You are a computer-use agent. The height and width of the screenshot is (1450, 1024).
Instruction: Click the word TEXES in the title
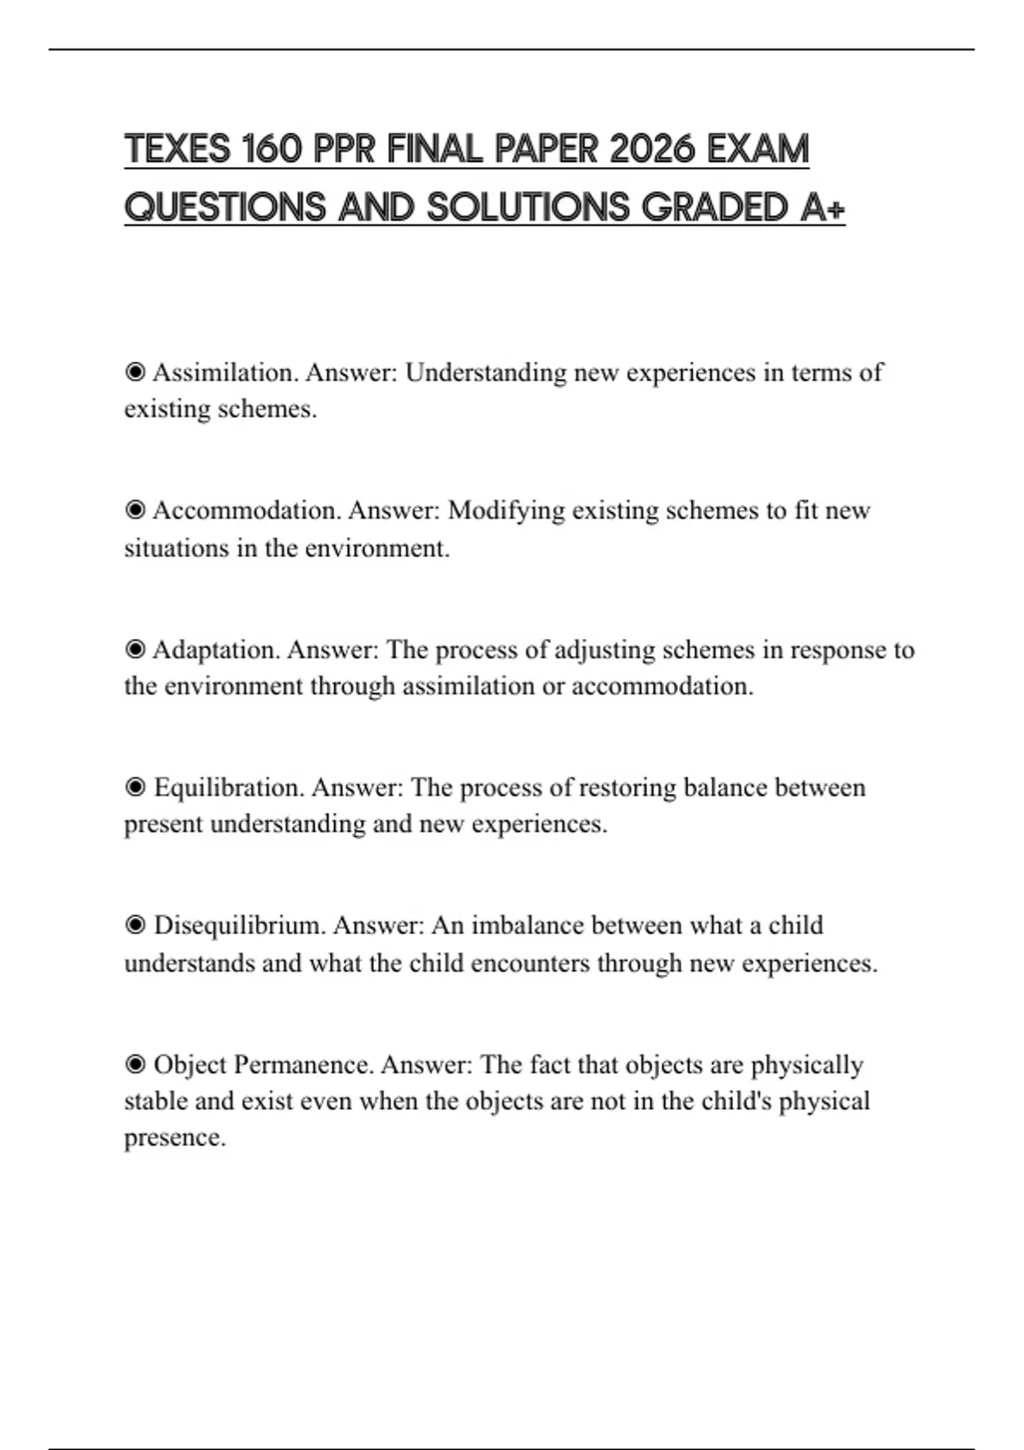coord(178,150)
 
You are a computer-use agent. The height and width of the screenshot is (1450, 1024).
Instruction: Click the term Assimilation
coord(225,373)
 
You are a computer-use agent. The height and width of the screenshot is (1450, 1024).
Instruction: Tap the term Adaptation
coord(216,650)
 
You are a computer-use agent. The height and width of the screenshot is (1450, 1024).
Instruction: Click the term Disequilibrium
coord(240,925)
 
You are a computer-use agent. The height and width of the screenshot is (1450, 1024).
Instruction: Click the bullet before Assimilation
coord(135,373)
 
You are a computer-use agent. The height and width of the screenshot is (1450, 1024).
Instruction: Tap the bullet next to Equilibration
coord(135,787)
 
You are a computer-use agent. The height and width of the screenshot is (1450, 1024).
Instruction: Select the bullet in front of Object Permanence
coord(135,1064)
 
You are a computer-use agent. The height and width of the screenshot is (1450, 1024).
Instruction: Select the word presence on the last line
coord(174,1138)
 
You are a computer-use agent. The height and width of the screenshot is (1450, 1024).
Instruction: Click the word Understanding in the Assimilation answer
coord(486,373)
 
